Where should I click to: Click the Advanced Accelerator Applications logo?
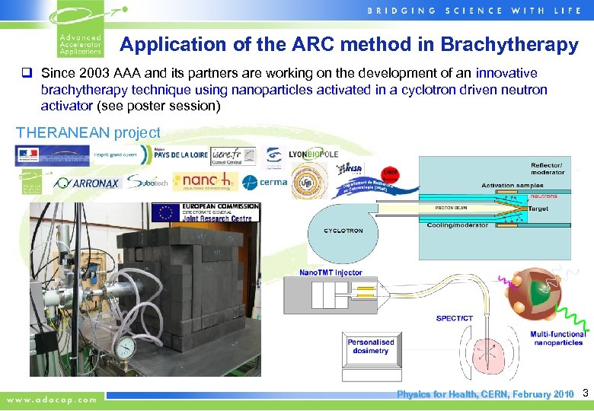click(79, 31)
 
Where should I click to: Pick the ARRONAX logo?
click(88, 183)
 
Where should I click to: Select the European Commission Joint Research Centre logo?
click(206, 212)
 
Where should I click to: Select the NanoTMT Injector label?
click(331, 272)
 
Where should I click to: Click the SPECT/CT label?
click(454, 318)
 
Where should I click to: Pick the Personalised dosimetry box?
click(371, 347)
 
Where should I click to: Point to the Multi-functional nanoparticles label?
click(558, 339)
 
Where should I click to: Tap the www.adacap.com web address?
click(53, 399)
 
